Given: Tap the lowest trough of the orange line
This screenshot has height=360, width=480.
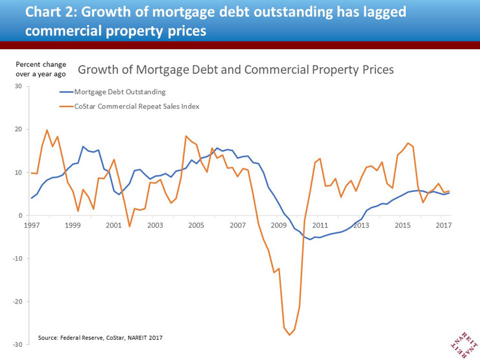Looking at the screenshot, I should tap(289, 335).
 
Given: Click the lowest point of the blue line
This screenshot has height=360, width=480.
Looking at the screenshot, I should tap(310, 239).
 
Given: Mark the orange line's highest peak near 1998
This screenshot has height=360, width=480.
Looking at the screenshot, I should tap(47, 130).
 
